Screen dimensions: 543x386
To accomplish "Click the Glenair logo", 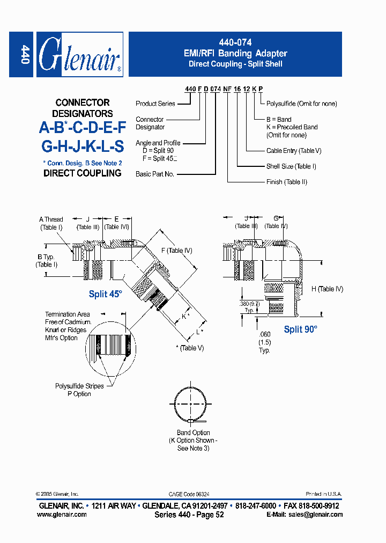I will tap(80, 55).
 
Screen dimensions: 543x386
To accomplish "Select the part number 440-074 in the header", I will tap(236, 42).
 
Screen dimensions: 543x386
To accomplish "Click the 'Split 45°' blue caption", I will tap(106, 294).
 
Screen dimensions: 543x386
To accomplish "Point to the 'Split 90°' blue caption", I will tap(301, 329).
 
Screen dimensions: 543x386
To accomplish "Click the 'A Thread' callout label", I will tap(51, 219).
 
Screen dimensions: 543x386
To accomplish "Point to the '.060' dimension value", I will tap(264, 334).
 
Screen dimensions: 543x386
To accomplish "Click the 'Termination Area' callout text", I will tap(68, 314).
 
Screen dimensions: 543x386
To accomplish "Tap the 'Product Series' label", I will tap(155, 104).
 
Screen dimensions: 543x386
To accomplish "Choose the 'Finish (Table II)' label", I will tap(287, 182).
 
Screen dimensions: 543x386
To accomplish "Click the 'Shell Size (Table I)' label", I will tap(291, 166).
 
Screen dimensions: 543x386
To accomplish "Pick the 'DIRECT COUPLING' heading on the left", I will tap(83, 173).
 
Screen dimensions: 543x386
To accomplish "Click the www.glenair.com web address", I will tap(62, 514).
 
